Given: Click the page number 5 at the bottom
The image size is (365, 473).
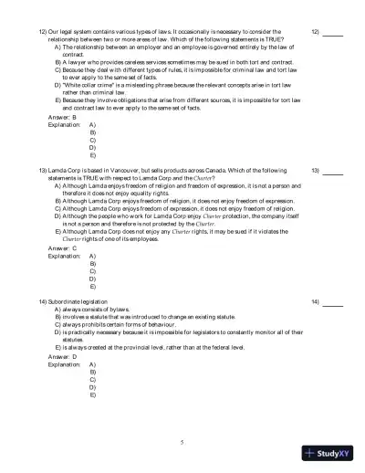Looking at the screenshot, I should (x=182, y=441).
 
